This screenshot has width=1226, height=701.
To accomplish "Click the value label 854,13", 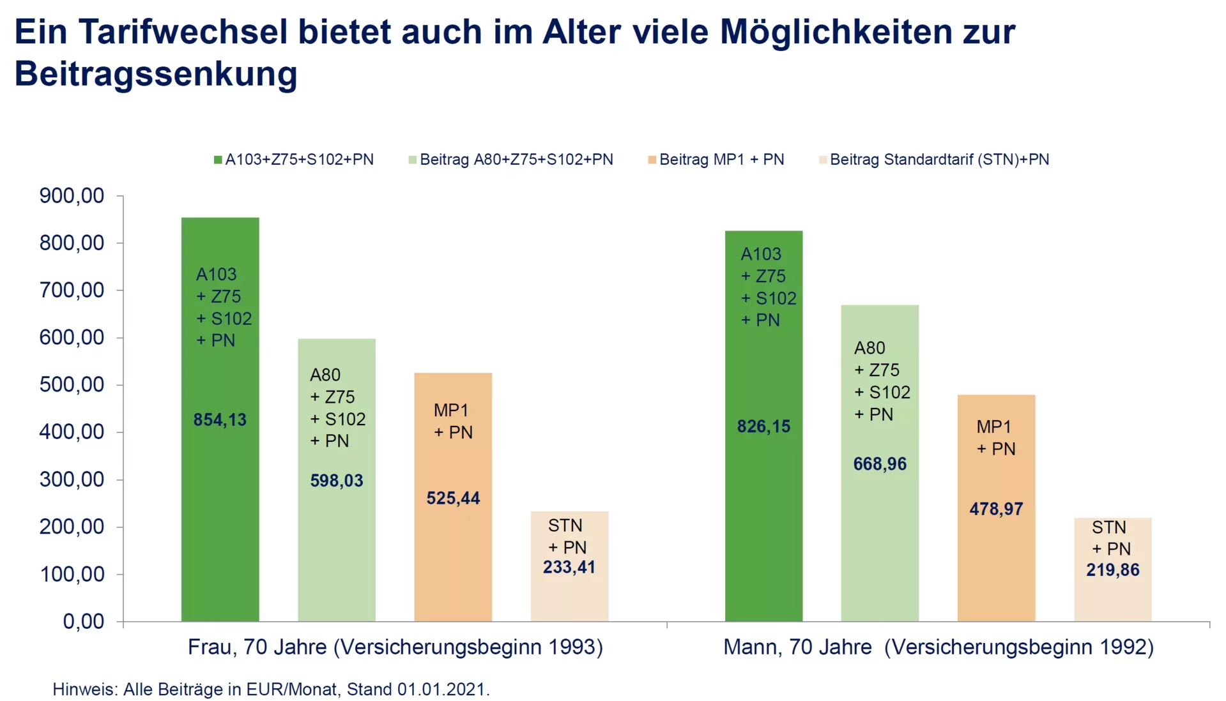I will point(220,420).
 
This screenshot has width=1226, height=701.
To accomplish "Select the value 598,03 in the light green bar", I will point(337,481).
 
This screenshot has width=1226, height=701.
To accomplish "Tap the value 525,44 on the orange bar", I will point(453,499).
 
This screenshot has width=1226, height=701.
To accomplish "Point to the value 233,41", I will point(569,567).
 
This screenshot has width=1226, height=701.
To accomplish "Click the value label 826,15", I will point(763,426).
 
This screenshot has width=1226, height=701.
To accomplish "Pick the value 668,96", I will point(880,464).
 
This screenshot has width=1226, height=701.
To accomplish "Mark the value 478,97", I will point(996,509).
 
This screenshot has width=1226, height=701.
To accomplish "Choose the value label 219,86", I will point(1112,570).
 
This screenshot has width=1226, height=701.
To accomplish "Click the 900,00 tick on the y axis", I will point(72,196).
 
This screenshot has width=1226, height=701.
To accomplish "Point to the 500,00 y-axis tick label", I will point(72,385).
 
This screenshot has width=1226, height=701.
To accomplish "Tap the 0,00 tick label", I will point(83,621).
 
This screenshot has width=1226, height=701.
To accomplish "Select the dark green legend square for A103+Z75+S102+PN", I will point(218,160).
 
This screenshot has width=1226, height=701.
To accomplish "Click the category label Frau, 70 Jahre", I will point(257,647).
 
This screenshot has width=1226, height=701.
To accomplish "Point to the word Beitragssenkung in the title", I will point(156,74).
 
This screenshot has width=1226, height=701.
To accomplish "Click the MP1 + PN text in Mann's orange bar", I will point(995,438).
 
